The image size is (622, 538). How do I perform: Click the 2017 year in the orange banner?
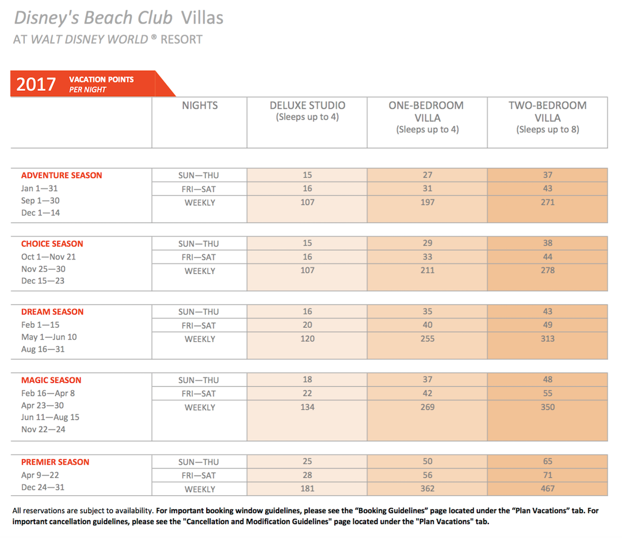tap(36, 84)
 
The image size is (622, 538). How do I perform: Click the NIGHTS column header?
tap(200, 105)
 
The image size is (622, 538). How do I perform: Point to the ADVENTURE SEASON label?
tap(61, 175)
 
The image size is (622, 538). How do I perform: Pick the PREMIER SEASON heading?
tap(55, 462)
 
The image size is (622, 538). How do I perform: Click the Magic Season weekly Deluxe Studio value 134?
tap(308, 407)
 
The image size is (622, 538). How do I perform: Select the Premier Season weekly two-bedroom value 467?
tap(547, 489)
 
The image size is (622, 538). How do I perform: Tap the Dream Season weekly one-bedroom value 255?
tap(427, 339)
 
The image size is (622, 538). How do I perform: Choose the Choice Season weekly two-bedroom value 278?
tap(547, 270)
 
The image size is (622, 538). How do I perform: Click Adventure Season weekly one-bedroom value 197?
tap(427, 202)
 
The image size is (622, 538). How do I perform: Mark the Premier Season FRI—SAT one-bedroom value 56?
tap(427, 475)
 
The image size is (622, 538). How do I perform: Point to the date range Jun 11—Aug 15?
tap(50, 418)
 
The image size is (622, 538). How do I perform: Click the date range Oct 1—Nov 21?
tap(49, 257)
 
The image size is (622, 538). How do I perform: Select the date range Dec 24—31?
tap(43, 487)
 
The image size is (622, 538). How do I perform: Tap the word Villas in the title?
tap(202, 18)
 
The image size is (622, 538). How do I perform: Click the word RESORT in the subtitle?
tap(181, 40)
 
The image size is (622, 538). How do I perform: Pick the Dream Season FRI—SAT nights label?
tap(199, 325)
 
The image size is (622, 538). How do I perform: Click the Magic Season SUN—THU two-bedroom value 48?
tap(547, 380)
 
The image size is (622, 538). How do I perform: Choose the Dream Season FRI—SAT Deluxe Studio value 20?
tap(308, 325)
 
